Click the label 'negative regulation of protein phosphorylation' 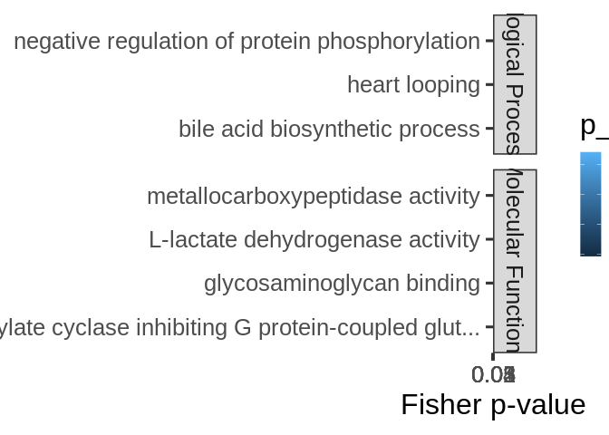[246, 42]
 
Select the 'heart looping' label [413, 85]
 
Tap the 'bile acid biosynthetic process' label [329, 130]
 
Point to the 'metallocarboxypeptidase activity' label [313, 197]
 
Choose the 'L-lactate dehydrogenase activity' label [314, 240]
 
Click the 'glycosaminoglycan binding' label [342, 284]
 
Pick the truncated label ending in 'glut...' [240, 327]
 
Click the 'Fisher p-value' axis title [493, 404]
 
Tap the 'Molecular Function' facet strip [515, 261]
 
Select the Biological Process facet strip [515, 84]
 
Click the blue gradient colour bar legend [590, 204]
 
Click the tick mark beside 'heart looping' [489, 84]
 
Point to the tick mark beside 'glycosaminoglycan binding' [489, 283]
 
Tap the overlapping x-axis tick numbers [494, 374]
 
